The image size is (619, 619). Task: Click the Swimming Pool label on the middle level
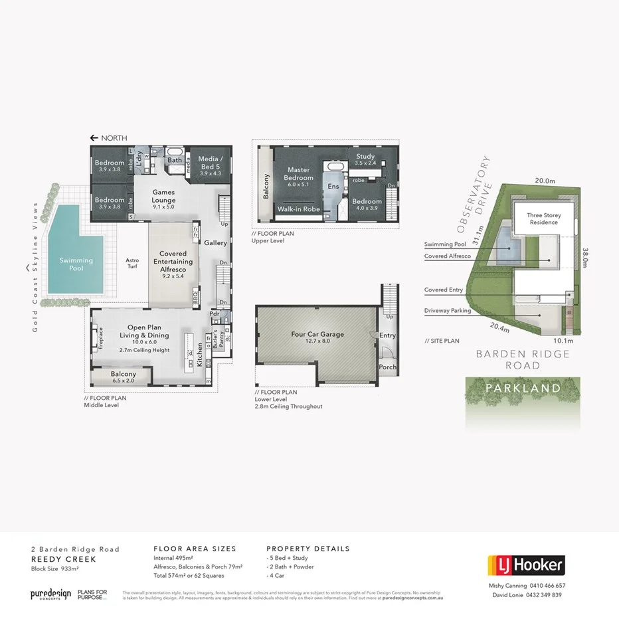pyautogui.click(x=76, y=264)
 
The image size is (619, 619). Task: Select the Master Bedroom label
pyautogui.click(x=299, y=173)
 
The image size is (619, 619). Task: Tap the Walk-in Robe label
pyautogui.click(x=298, y=209)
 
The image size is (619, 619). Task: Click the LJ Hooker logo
pyautogui.click(x=526, y=565)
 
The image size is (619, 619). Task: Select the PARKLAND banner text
pyautogui.click(x=522, y=388)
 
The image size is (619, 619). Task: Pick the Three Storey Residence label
pyautogui.click(x=544, y=219)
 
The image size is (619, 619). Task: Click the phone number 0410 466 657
pyautogui.click(x=547, y=586)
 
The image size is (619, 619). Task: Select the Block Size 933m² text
pyautogui.click(x=55, y=569)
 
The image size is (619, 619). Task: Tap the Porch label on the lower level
pyautogui.click(x=387, y=367)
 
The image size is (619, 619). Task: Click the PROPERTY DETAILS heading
pyautogui.click(x=308, y=549)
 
